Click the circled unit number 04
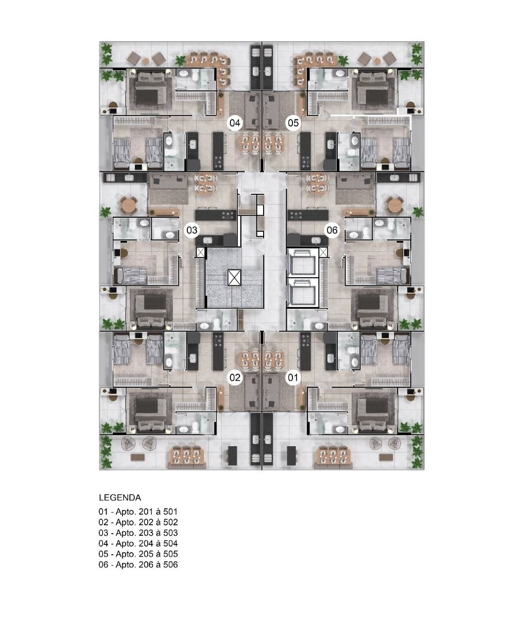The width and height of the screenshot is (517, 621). click(234, 123)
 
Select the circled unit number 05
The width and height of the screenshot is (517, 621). click(293, 123)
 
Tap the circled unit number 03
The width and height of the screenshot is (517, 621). click(192, 230)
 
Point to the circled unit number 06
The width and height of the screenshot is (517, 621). click(332, 230)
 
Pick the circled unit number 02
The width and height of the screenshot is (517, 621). click(234, 377)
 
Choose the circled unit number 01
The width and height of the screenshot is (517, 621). click(293, 377)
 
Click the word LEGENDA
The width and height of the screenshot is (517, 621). click(120, 498)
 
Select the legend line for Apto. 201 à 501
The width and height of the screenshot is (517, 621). click(138, 512)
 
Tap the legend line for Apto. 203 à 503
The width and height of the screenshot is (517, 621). click(138, 533)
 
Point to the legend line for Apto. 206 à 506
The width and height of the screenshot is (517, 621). click(138, 565)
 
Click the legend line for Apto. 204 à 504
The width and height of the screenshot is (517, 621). click(138, 544)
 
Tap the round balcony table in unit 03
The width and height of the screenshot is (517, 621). click(129, 205)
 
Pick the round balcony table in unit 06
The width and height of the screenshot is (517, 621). click(395, 205)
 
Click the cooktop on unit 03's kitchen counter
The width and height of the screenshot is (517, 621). click(228, 215)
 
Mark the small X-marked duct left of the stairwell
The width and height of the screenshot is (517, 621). click(200, 252)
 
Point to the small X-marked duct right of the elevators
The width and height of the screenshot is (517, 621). click(323, 252)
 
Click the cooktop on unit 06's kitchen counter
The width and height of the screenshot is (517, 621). click(296, 215)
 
